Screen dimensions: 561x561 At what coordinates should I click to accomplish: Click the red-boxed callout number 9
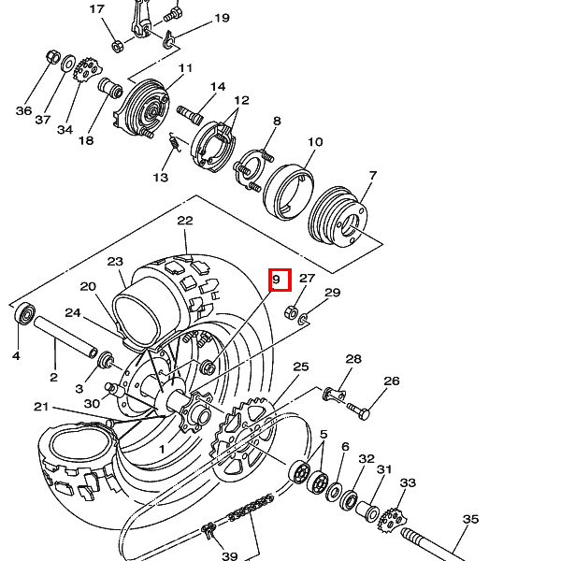(276, 279)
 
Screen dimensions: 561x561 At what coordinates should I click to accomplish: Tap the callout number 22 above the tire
(185, 221)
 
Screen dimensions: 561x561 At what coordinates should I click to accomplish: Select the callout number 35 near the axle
(470, 519)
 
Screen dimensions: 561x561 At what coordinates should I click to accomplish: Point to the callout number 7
(373, 176)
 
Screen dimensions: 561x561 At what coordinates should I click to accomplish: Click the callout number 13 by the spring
(160, 177)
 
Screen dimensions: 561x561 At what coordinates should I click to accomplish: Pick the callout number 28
(353, 359)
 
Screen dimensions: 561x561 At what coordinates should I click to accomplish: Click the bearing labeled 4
(25, 314)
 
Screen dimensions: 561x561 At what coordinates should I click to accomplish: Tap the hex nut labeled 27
(291, 312)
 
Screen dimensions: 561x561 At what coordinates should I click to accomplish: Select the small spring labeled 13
(175, 142)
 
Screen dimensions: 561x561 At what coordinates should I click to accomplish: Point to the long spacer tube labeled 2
(65, 336)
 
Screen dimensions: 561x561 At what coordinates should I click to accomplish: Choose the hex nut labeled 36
(53, 56)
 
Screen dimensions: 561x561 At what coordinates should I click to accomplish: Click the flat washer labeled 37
(68, 63)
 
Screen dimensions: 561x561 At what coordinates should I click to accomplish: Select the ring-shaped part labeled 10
(289, 192)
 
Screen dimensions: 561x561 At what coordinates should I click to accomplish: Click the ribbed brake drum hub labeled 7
(338, 217)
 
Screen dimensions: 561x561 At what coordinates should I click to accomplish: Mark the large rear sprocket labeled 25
(244, 439)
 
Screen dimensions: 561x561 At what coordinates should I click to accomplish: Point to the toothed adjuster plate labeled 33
(393, 520)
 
